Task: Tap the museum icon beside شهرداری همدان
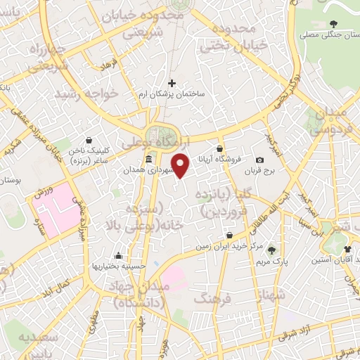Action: coord(148,160)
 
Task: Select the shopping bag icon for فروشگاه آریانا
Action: coord(220,149)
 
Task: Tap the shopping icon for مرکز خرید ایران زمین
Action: coord(229,236)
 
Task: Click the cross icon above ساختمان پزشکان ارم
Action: coord(172,83)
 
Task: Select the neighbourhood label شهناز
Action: coord(271,295)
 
